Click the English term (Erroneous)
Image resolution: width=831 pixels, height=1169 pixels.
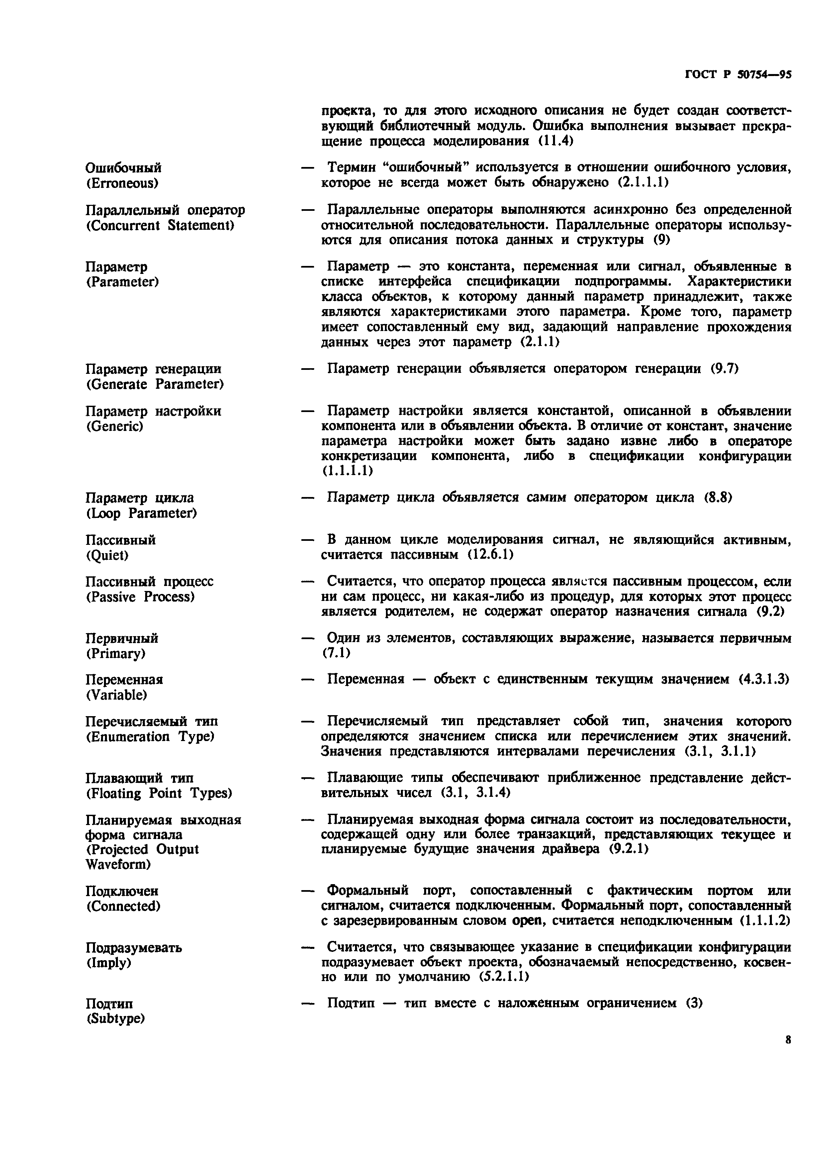coord(122,183)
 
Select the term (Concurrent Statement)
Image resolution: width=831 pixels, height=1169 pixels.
coord(160,225)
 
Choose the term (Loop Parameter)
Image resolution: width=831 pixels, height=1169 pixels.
coord(141,513)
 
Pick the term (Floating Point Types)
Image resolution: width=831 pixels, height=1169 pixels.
coord(159,793)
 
